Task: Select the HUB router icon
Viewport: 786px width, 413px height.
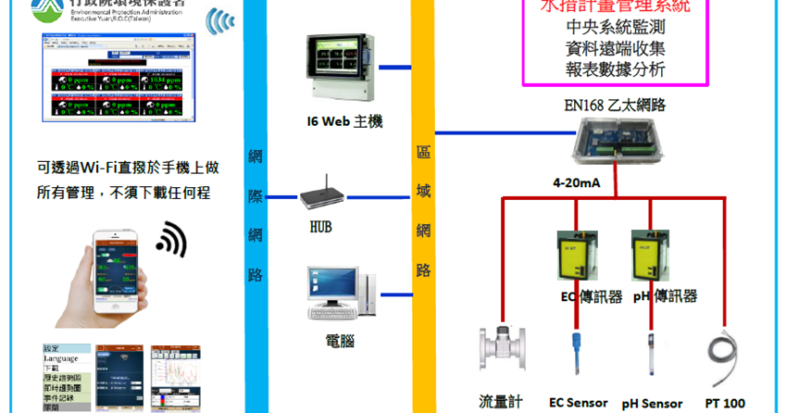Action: click(x=321, y=195)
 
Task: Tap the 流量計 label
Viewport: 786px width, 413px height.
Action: click(x=501, y=402)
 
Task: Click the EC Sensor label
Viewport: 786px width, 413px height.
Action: click(x=579, y=403)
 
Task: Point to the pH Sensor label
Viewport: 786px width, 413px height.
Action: click(x=652, y=404)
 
